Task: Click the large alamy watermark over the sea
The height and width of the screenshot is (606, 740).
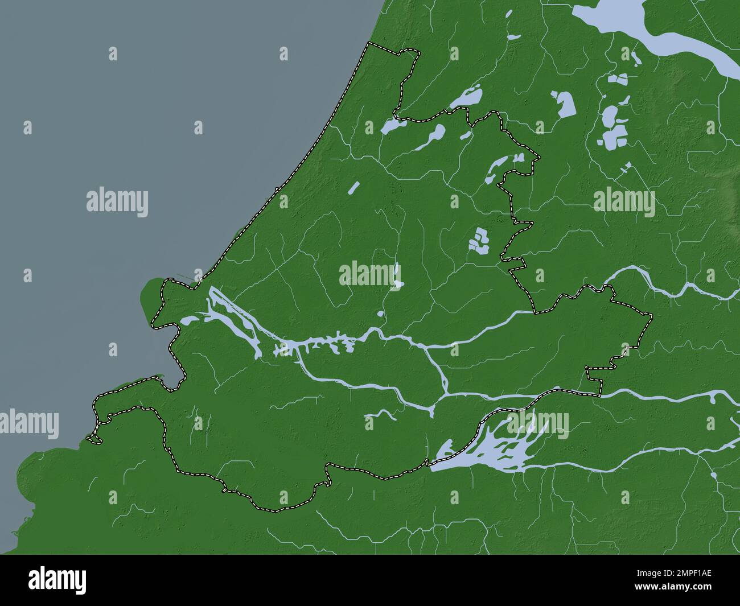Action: point(117,202)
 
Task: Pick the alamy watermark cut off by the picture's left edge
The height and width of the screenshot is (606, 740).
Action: point(28,424)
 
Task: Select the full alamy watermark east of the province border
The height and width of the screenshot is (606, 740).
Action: point(624,202)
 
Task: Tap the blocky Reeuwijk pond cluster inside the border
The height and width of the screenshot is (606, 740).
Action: point(479,241)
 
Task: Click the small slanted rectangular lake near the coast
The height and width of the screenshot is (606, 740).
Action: point(353,187)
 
